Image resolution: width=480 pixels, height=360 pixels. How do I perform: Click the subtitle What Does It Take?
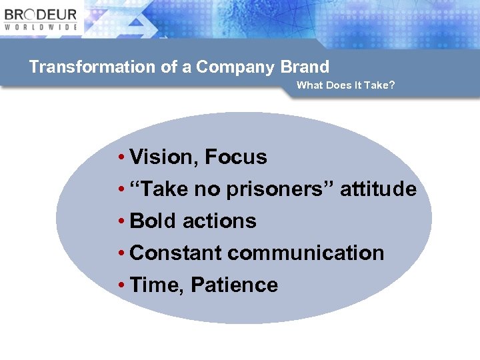pos(345,85)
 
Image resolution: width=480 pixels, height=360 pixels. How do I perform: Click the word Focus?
pos(236,157)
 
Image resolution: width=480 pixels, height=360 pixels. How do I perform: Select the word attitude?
pos(378,189)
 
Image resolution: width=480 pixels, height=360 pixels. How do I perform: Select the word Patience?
pos(234,285)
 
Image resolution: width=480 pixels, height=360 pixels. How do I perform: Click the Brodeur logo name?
pos(41,14)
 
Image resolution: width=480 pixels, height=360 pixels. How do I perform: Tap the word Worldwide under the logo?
pos(41,27)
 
